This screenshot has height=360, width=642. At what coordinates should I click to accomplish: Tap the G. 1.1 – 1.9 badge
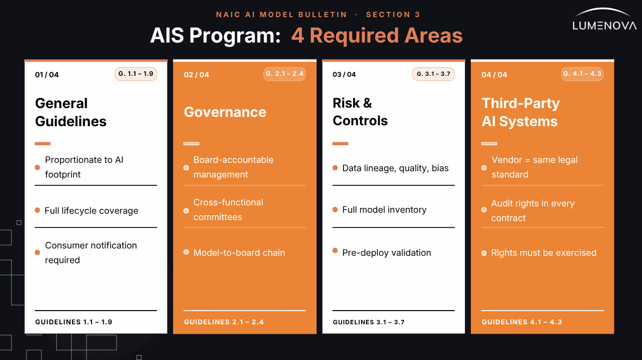pos(136,74)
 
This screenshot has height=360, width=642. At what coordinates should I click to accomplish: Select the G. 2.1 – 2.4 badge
pos(284,74)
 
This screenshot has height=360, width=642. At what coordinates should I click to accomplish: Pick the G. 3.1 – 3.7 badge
pos(434,74)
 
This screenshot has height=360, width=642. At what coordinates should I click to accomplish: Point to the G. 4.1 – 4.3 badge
pos(582,74)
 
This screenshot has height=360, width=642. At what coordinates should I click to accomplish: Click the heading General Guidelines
pos(71,112)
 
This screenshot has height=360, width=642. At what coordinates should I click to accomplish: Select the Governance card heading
pos(225,112)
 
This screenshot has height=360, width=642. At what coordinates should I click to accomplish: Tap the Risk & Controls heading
pos(360,112)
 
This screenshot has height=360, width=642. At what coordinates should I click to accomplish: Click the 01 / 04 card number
pos(47,75)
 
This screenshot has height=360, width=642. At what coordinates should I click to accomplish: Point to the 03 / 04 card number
pos(344,75)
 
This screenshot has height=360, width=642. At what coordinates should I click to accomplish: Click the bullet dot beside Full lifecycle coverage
pos(38,210)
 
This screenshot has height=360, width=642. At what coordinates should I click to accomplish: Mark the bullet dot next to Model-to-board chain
pos(186,252)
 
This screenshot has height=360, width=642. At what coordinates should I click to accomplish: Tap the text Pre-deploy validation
pos(387,253)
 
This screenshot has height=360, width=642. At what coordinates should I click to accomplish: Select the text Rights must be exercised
pos(544,253)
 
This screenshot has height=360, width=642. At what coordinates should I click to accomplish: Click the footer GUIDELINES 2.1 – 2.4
pos(224,322)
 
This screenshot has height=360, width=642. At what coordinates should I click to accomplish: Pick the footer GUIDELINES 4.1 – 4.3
pos(522,322)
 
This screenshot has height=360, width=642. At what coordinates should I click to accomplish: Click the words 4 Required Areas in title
pos(377,36)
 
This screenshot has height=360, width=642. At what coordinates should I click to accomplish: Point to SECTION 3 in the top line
pos(393,15)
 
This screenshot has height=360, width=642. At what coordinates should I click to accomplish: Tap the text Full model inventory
pos(385,210)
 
